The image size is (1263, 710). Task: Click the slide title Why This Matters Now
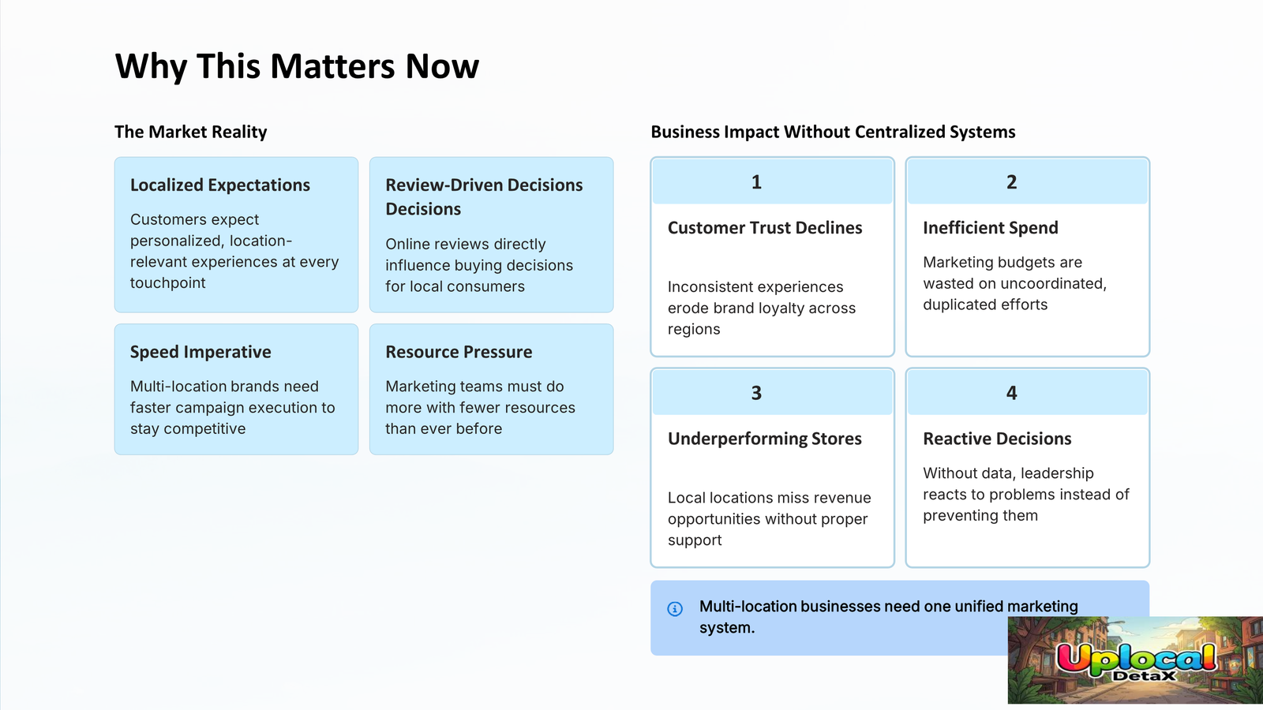(297, 66)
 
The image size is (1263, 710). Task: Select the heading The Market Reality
(190, 132)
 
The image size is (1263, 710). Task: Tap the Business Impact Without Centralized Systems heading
(833, 132)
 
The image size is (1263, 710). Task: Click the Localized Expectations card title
(220, 185)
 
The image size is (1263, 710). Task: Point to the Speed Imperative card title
(201, 352)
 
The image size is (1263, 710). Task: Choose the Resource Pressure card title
(459, 352)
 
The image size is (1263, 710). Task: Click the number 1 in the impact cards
(757, 181)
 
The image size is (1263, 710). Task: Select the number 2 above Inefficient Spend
(1011, 181)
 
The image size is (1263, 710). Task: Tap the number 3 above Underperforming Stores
(757, 393)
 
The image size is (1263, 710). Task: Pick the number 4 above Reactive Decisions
(1011, 393)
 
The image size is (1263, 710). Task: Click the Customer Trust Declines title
(765, 228)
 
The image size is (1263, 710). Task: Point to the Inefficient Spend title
(991, 228)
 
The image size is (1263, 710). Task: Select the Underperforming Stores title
(765, 439)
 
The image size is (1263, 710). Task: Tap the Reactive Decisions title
(997, 439)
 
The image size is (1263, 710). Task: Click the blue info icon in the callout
(675, 608)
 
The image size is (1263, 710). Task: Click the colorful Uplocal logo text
(1136, 657)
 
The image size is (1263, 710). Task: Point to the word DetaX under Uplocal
(1144, 675)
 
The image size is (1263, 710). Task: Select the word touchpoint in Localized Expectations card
(167, 283)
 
